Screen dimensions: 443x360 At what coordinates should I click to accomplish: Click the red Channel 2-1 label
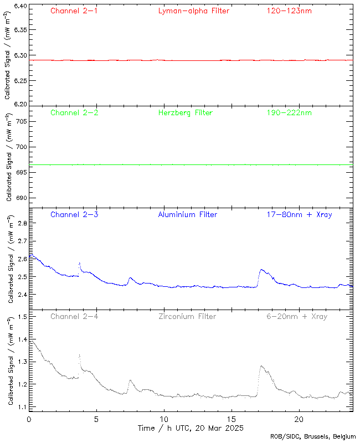[74, 11]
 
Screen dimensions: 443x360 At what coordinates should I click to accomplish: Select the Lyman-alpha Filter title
[193, 11]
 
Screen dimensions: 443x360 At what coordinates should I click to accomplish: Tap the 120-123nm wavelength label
[289, 11]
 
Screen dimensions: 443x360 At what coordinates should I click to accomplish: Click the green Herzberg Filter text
[185, 113]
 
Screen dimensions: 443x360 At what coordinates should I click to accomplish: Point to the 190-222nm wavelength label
[289, 113]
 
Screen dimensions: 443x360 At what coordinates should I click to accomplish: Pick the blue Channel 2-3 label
[74, 214]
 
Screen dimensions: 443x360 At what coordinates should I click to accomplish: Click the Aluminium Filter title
[188, 214]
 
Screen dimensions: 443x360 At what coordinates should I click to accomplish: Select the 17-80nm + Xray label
[299, 214]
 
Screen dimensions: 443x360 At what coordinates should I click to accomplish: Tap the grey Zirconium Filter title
[187, 317]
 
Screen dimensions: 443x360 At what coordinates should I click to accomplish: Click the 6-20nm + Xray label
[296, 317]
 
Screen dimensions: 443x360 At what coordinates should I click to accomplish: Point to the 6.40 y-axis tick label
[19, 7]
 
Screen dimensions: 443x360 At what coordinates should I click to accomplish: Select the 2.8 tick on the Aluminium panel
[22, 223]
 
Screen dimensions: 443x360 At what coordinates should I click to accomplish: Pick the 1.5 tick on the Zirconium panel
[22, 317]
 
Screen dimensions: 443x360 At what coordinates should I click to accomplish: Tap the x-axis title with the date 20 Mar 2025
[191, 429]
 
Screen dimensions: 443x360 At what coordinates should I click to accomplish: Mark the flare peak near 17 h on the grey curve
[261, 366]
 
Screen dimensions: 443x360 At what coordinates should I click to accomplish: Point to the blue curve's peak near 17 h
[261, 270]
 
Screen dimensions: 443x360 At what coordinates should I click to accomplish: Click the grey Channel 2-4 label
[74, 317]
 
